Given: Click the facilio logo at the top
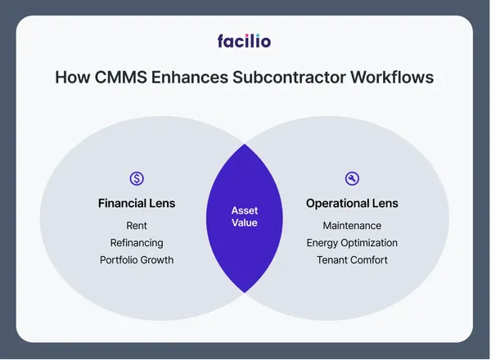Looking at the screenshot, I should [244, 40].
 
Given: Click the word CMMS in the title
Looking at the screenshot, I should [116, 79].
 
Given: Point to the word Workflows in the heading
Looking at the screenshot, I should [392, 79].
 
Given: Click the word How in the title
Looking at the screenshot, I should [70, 79].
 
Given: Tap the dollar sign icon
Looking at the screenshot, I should [137, 178].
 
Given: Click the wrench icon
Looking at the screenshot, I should [352, 178].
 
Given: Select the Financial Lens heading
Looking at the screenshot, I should [137, 203].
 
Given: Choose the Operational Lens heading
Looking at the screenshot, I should [352, 203].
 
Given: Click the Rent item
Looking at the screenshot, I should [137, 226].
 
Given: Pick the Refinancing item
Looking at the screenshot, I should [137, 243].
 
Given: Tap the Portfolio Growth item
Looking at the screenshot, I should [137, 260].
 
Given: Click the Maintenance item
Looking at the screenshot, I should [352, 226].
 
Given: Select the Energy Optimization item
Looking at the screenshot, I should [352, 243].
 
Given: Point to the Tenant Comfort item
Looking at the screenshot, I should [352, 260].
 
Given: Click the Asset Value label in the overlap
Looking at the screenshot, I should [244, 217].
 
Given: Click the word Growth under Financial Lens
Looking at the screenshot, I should [156, 260].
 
